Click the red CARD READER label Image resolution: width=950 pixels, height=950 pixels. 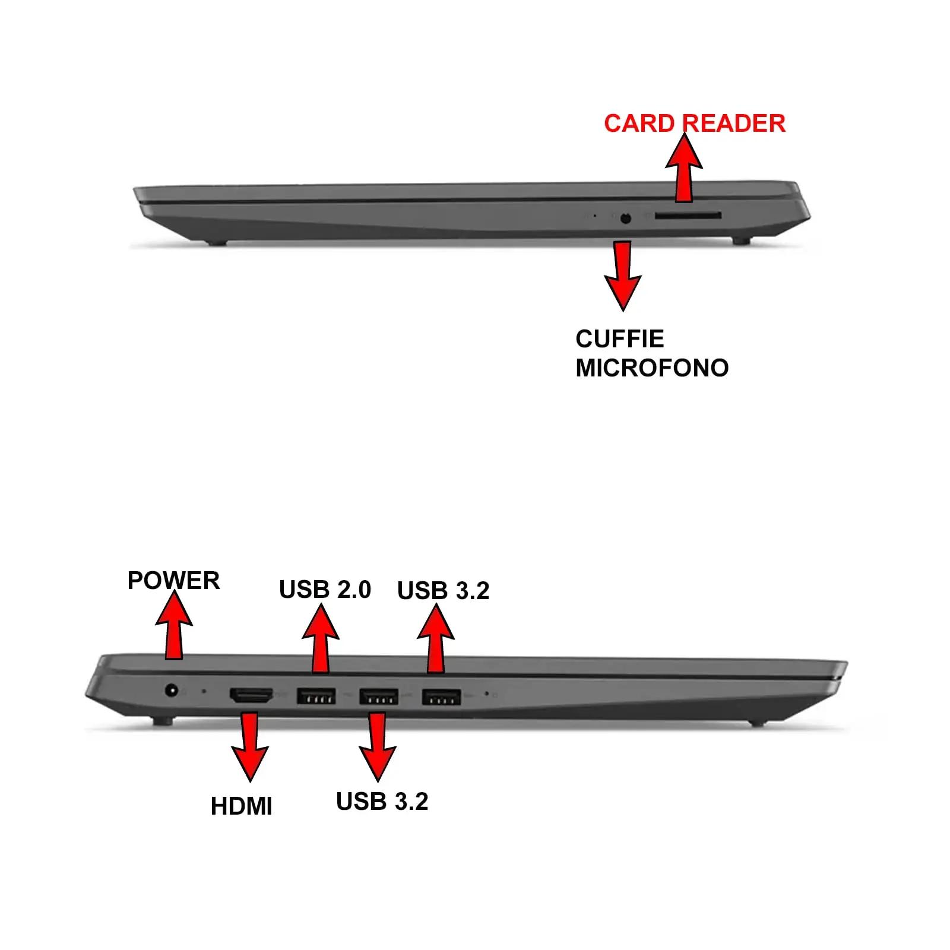pyautogui.click(x=695, y=123)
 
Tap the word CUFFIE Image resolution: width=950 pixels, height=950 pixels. pyautogui.click(x=619, y=339)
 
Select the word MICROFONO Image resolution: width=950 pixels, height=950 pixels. pyautogui.click(x=652, y=368)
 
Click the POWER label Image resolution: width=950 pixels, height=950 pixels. pyautogui.click(x=173, y=581)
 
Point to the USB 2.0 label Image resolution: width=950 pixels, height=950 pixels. pyautogui.click(x=325, y=590)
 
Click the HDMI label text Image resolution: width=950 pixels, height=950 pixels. pyautogui.click(x=241, y=806)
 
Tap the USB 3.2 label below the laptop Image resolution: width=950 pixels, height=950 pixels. pyautogui.click(x=382, y=802)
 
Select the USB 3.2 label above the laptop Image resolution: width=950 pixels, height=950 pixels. pyautogui.click(x=443, y=591)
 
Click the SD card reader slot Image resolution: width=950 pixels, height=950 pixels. pyautogui.click(x=688, y=217)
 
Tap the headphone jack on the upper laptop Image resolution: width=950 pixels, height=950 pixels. pyautogui.click(x=625, y=218)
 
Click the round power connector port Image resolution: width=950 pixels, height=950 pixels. pyautogui.click(x=172, y=691)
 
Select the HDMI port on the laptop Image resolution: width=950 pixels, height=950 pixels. pyautogui.click(x=251, y=696)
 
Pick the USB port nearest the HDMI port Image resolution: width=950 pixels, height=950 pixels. pyautogui.click(x=316, y=696)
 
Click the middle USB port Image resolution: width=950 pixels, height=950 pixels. pyautogui.click(x=378, y=696)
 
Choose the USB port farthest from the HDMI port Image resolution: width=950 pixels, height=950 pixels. pyautogui.click(x=441, y=696)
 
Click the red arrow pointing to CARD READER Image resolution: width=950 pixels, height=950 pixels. pyautogui.click(x=684, y=167)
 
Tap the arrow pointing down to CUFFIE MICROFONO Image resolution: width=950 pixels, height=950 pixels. pyautogui.click(x=622, y=275)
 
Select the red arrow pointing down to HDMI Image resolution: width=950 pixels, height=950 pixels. pyautogui.click(x=249, y=747)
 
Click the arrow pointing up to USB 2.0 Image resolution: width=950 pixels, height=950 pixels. pyautogui.click(x=321, y=638)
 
